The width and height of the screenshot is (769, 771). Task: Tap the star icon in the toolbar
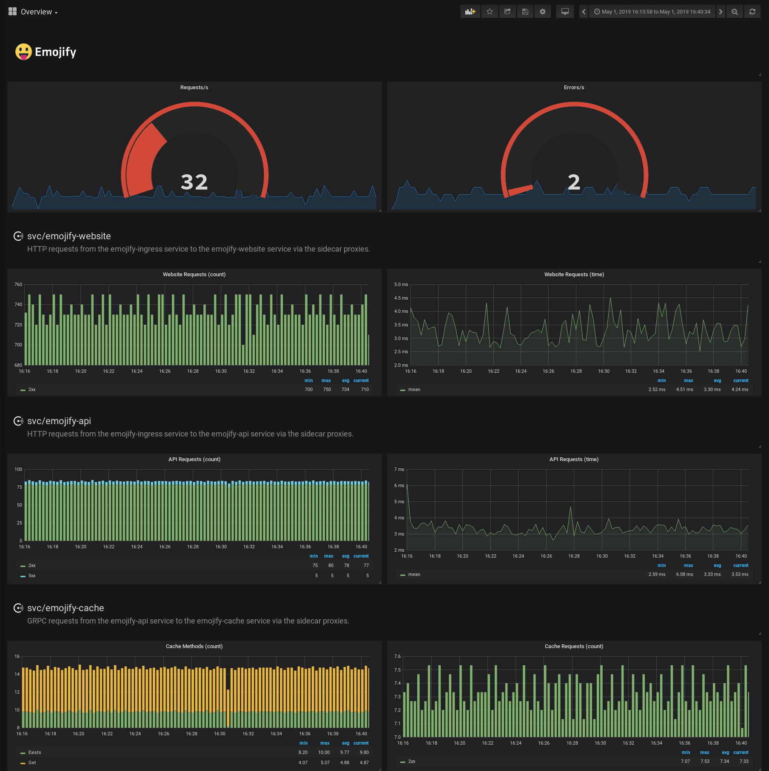pyautogui.click(x=490, y=11)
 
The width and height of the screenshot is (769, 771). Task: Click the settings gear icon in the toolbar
pyautogui.click(x=542, y=11)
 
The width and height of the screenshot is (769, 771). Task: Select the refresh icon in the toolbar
pyautogui.click(x=752, y=11)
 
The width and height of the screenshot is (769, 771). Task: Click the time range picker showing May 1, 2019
pyautogui.click(x=652, y=11)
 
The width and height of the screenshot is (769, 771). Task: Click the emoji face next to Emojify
pyautogui.click(x=23, y=52)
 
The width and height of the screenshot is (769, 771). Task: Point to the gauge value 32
pyautogui.click(x=194, y=182)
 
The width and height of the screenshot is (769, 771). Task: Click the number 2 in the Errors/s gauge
pyautogui.click(x=574, y=182)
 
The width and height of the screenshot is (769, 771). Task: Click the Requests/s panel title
pyautogui.click(x=194, y=88)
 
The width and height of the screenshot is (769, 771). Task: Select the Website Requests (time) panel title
pyautogui.click(x=574, y=275)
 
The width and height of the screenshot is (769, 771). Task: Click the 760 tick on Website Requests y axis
pyautogui.click(x=18, y=284)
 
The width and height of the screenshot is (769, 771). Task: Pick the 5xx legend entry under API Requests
pyautogui.click(x=32, y=575)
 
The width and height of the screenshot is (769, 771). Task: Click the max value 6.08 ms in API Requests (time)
pyautogui.click(x=684, y=574)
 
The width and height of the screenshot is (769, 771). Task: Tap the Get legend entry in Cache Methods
pyautogui.click(x=32, y=762)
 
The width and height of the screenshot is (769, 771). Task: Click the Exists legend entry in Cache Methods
pyautogui.click(x=34, y=752)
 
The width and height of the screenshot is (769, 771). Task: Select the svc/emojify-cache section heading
pyautogui.click(x=66, y=608)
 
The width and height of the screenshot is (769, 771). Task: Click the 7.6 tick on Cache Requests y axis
pyautogui.click(x=397, y=656)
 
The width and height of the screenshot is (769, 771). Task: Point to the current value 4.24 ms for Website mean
pyautogui.click(x=740, y=389)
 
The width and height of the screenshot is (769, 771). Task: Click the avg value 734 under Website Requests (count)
pyautogui.click(x=345, y=389)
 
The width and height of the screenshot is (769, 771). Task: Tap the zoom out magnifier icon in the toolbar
pyautogui.click(x=735, y=11)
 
